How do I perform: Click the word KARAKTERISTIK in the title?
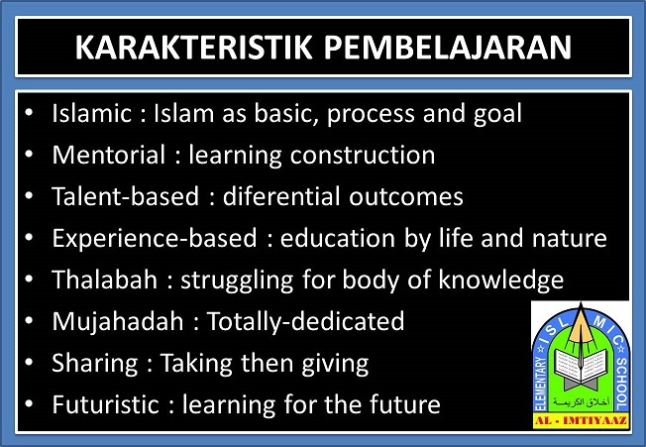[193, 48]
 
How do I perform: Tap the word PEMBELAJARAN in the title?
[448, 48]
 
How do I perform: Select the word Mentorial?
[109, 155]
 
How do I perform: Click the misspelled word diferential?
[281, 196]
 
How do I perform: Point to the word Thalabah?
[105, 279]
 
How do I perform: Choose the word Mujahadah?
[118, 321]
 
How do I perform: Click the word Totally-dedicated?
[305, 321]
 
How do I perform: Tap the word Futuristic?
[105, 404]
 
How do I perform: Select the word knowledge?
[501, 280]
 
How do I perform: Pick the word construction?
[363, 156]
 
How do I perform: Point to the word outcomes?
[406, 197]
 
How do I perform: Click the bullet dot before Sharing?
[29, 362]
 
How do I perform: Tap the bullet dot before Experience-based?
[29, 237]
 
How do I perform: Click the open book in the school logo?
[580, 365]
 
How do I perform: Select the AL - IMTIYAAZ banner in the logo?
[582, 421]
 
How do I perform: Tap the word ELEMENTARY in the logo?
[541, 384]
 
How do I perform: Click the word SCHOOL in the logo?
[621, 384]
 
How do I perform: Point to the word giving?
[335, 364]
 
